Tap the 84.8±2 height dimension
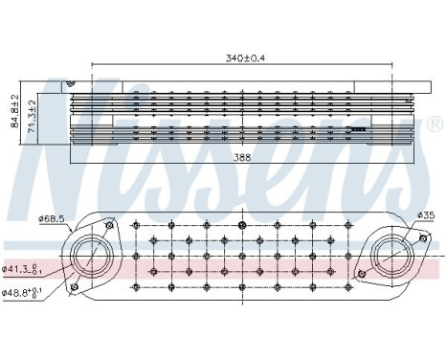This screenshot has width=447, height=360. coord(13,109)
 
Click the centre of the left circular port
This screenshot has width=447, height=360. coord(92,254)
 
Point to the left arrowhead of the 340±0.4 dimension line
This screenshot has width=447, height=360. coord(93,65)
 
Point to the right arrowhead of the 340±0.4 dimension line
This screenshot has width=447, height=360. coord(392,65)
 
